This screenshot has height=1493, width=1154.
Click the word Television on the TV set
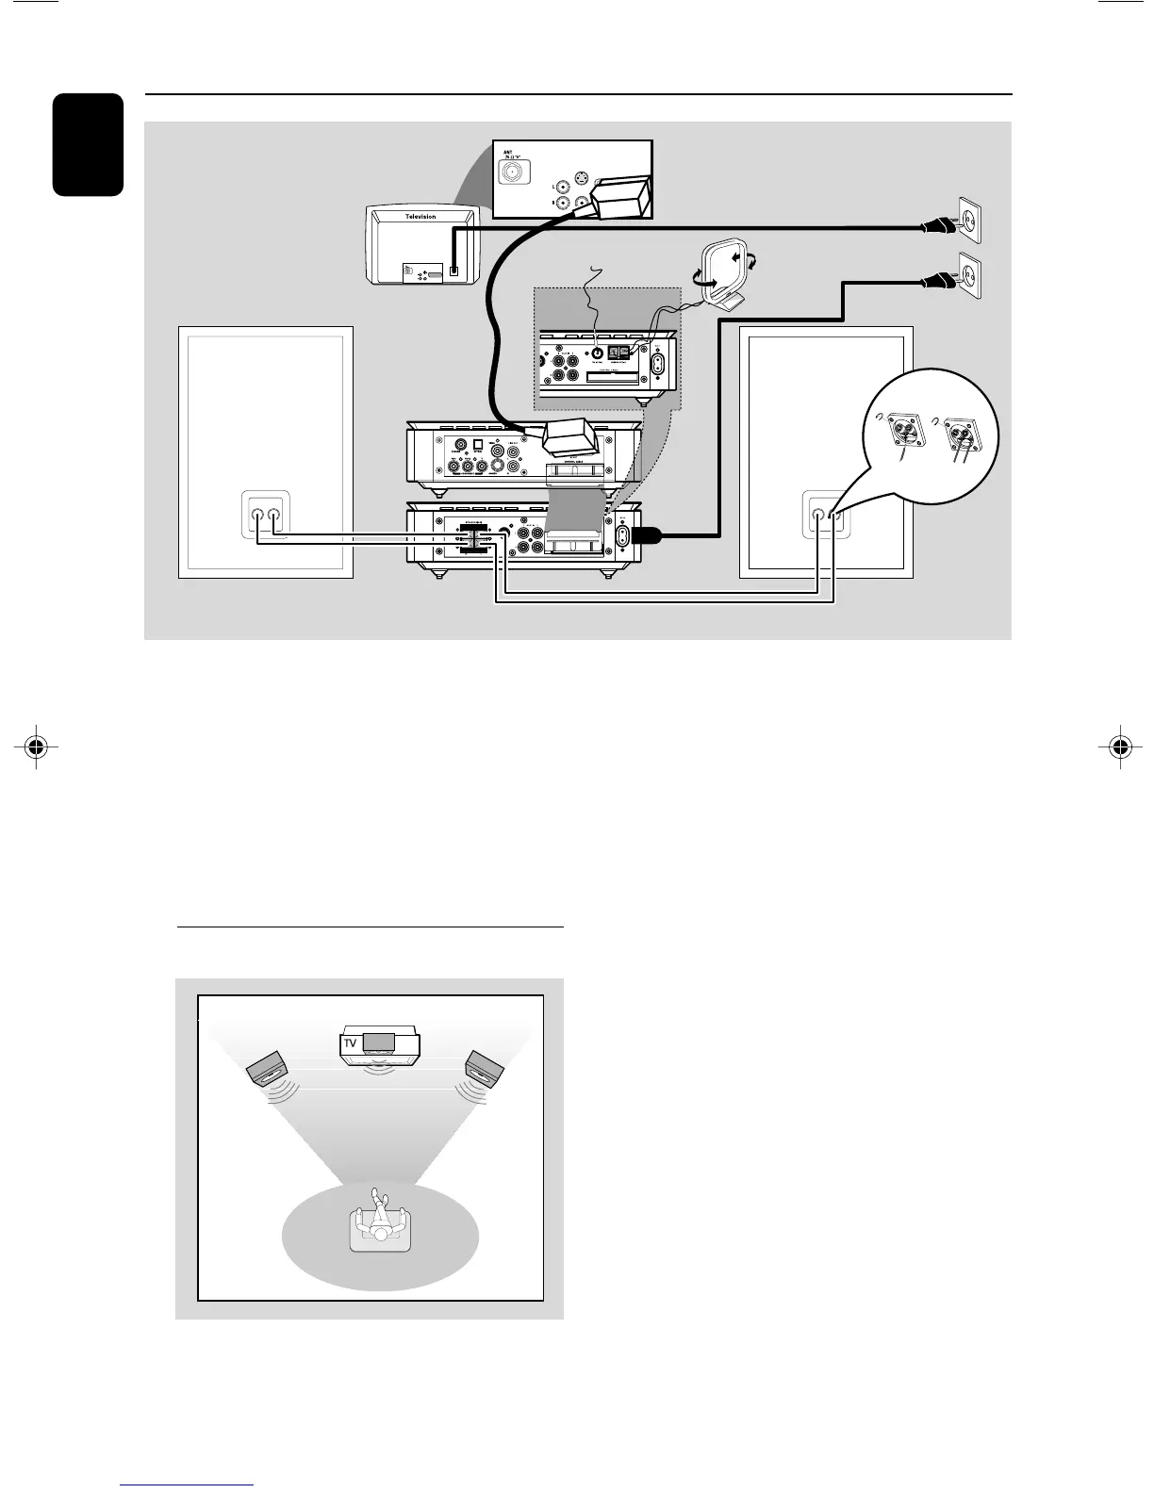click(420, 217)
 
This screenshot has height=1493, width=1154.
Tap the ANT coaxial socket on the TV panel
click(515, 172)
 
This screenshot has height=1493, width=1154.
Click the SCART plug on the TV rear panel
click(618, 200)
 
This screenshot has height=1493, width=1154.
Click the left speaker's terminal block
click(265, 516)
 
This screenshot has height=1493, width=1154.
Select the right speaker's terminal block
click(826, 516)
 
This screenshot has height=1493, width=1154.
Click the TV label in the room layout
click(350, 1043)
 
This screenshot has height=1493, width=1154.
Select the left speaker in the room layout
click(267, 1067)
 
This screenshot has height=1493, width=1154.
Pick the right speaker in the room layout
click(487, 1066)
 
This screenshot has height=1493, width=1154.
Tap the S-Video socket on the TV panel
click(580, 185)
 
